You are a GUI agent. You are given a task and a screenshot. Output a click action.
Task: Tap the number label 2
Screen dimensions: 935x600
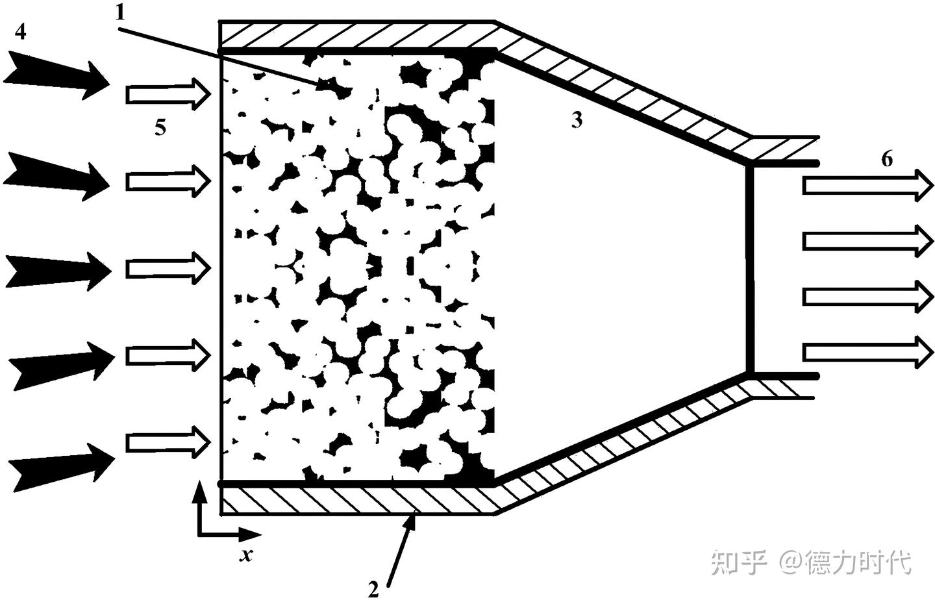coord(373,588)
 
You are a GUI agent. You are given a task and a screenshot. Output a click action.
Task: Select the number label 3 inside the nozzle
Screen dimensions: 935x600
coord(577,120)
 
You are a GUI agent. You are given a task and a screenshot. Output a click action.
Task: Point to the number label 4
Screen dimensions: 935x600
coord(21,31)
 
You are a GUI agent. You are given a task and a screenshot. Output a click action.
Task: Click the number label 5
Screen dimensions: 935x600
coord(160,128)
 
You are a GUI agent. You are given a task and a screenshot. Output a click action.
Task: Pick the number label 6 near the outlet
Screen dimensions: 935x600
coord(887,158)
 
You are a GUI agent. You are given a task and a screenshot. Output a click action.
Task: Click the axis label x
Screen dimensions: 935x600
coord(245,555)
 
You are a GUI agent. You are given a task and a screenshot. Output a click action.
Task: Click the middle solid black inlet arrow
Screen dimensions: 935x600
coord(58,269)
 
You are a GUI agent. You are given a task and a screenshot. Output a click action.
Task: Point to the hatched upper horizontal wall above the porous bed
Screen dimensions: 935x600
coord(357,34)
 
